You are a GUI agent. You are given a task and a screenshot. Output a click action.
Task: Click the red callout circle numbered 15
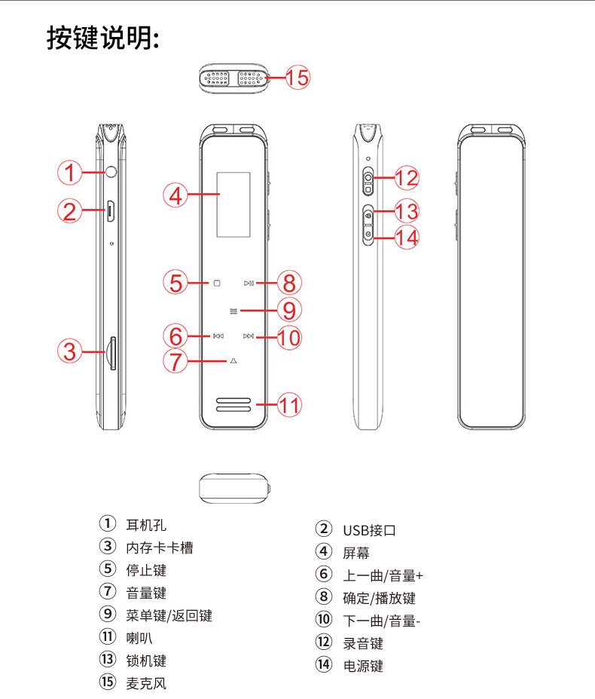click(x=297, y=77)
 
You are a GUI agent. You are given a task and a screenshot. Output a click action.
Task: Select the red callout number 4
click(x=175, y=195)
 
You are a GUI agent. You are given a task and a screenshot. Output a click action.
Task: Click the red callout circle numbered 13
click(x=407, y=210)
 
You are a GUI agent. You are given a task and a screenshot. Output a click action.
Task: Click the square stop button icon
click(x=217, y=284)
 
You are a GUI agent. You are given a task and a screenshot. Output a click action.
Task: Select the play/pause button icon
click(x=249, y=284)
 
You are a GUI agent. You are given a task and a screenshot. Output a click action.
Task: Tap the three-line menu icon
click(x=234, y=310)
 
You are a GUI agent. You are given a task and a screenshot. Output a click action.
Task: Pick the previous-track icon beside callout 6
click(x=218, y=336)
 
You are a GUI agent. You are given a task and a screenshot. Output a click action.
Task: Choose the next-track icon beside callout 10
click(x=249, y=336)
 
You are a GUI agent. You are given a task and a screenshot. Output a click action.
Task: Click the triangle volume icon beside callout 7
click(x=233, y=361)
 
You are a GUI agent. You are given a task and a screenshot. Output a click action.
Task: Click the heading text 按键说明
click(x=102, y=37)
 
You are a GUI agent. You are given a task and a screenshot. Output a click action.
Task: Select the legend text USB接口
click(x=369, y=530)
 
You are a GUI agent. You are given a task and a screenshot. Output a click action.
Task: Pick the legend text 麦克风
click(x=146, y=684)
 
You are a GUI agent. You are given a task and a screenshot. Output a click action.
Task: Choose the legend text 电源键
click(x=363, y=666)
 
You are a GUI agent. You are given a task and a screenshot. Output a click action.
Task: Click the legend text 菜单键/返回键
click(x=169, y=616)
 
